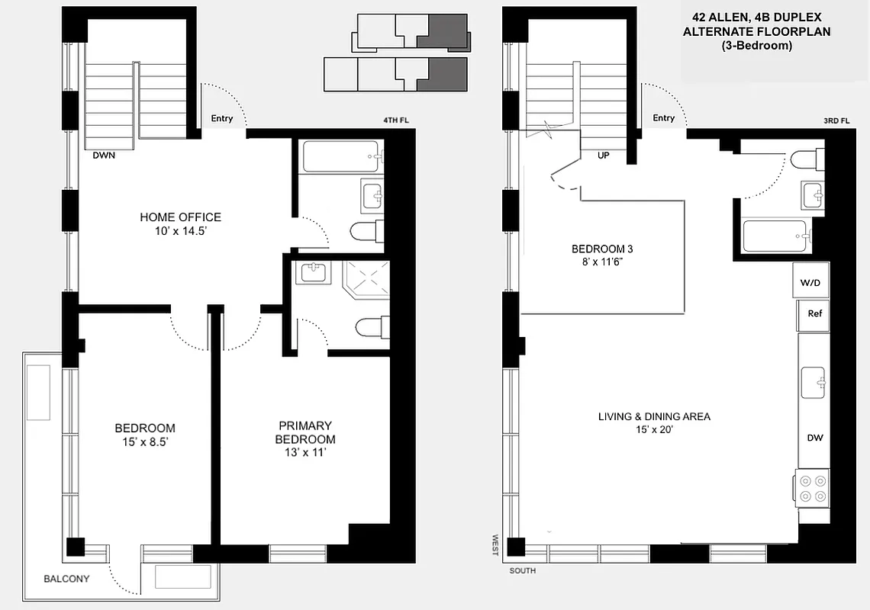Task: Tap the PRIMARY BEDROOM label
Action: click(x=304, y=432)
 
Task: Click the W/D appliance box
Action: click(x=810, y=283)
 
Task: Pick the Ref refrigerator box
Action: click(x=814, y=313)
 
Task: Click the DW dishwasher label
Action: click(x=814, y=438)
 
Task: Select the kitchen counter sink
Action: click(x=814, y=379)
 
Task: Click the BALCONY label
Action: click(x=66, y=579)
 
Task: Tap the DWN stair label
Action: click(x=104, y=155)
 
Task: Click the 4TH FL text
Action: click(x=398, y=120)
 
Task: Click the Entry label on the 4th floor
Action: click(x=222, y=119)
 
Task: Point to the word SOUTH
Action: click(x=523, y=571)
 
